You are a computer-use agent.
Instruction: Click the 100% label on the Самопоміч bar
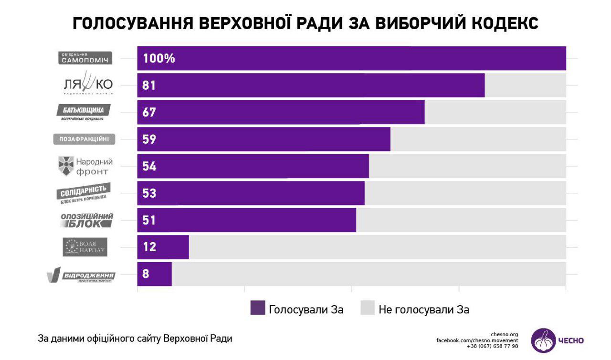[158, 59]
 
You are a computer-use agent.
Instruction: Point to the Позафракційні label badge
[84, 139]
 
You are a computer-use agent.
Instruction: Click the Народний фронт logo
[85, 166]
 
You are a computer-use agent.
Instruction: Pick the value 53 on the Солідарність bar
[149, 193]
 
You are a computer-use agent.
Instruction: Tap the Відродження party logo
[81, 276]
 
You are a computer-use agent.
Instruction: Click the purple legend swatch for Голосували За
[257, 308]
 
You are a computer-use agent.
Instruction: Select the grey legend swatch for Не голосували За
[367, 308]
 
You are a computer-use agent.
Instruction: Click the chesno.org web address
[504, 334]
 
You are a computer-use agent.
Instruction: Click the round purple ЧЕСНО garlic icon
[543, 340]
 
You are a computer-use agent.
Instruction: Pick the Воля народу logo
[85, 247]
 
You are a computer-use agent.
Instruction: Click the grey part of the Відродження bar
[368, 274]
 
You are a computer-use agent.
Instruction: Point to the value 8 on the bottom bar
[145, 274]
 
